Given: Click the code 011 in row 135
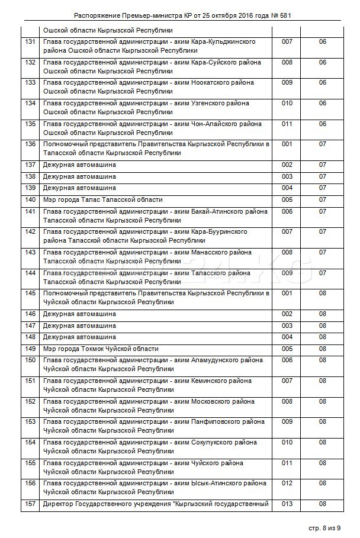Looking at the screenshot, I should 287,124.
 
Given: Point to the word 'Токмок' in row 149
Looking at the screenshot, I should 94,349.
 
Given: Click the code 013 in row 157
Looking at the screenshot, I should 287,504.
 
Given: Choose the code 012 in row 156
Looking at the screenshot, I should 287,484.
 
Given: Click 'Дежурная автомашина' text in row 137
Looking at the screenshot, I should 79,165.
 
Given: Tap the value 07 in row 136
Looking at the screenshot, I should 323,144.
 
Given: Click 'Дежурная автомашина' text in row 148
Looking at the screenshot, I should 79,337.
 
